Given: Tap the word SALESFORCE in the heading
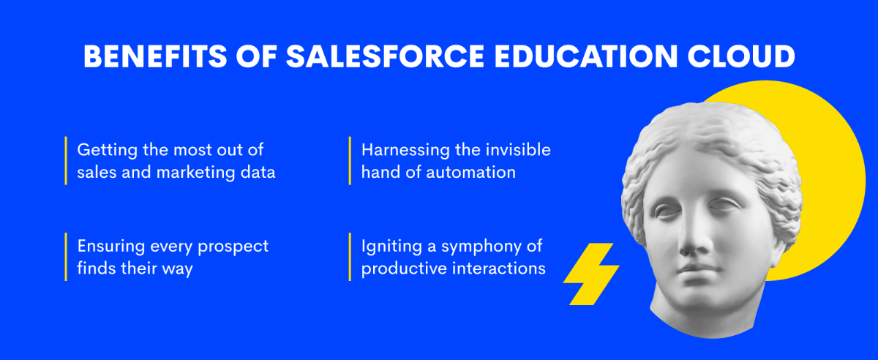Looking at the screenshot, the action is (386, 56).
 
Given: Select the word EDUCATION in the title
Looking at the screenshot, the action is (585, 56).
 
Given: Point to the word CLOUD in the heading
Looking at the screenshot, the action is (740, 56).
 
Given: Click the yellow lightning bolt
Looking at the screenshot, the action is (591, 274).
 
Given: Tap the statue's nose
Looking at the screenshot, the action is (693, 236).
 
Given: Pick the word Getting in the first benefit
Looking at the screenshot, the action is (107, 151).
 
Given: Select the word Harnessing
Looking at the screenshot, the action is (404, 151).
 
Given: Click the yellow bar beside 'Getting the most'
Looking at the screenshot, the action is (66, 161).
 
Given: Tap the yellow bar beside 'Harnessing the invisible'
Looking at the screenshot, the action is (350, 161).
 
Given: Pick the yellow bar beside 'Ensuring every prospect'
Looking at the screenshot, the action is (66, 257).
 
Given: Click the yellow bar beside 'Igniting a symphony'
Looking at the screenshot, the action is (350, 257).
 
